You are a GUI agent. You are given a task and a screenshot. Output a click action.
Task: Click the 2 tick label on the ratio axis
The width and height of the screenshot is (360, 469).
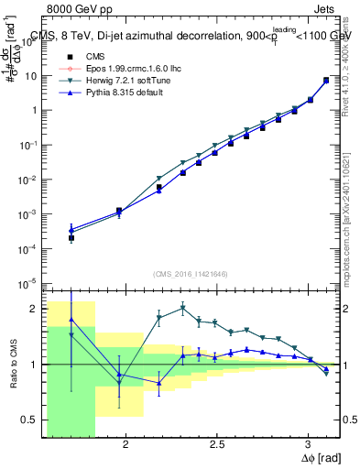tap(37, 309)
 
